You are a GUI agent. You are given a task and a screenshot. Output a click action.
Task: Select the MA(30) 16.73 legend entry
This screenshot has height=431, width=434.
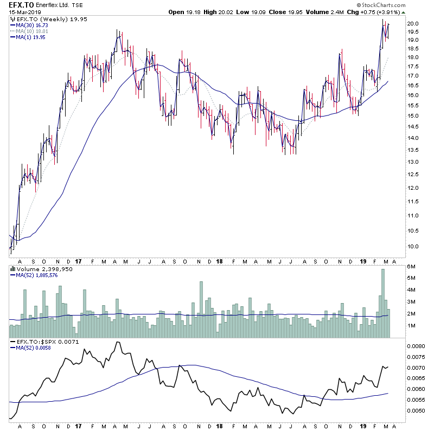pyautogui.click(x=33, y=25)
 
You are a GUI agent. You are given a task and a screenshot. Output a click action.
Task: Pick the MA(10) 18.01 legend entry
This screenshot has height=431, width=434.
pyautogui.click(x=33, y=31)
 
